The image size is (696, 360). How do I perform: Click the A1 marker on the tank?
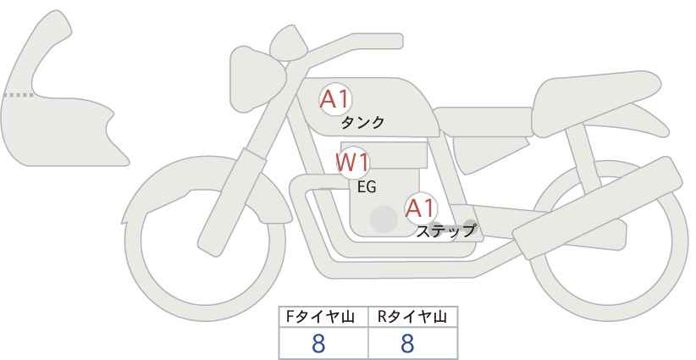pos(335,99)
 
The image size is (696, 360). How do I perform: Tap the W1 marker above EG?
pos(352,163)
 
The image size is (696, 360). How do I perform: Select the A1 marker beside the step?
pos(421,208)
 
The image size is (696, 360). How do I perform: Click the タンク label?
pos(362,123)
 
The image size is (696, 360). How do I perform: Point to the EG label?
pos(367,187)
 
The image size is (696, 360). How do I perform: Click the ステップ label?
pos(445,231)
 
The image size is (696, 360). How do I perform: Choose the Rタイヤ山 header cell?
pos(413,318)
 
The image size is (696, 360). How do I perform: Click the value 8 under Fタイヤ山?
pos(318,344)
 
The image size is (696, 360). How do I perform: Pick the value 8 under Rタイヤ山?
pos(407,344)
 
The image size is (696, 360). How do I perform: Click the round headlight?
pos(257,80)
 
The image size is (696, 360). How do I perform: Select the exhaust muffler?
pos(597,208)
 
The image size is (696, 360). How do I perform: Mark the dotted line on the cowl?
pos(19,95)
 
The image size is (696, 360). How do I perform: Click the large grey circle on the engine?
pos(384,219)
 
